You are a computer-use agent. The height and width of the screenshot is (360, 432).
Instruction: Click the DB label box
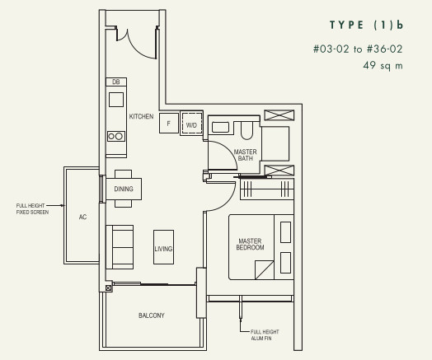tap(116, 82)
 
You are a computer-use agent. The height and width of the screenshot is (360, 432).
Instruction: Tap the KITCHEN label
tap(141, 116)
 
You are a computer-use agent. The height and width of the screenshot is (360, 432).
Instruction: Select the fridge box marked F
tap(169, 124)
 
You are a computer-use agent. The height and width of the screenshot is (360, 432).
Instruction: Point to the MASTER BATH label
tap(245, 155)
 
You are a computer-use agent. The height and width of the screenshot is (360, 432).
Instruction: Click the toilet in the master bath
tap(247, 130)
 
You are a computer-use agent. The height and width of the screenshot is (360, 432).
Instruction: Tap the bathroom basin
tap(220, 127)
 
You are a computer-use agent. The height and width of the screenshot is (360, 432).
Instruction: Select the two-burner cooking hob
tap(116, 136)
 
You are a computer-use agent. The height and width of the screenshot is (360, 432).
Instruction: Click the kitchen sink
tap(116, 100)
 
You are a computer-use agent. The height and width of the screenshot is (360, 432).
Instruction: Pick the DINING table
tap(124, 189)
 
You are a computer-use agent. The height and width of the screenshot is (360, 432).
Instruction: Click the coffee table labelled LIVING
tap(164, 247)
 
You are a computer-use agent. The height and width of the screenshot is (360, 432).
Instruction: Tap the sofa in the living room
tap(120, 247)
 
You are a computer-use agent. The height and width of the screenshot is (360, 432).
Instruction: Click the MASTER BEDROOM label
tap(250, 244)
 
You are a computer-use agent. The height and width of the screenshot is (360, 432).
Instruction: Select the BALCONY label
tap(152, 316)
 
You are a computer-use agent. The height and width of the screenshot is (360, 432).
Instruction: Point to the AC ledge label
tap(82, 217)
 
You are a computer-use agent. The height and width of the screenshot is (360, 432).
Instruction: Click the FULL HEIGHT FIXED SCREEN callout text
tap(32, 209)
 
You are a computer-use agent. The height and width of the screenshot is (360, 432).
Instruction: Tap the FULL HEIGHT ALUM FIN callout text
tap(265, 335)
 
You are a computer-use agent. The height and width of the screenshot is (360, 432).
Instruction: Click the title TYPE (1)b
tap(366, 25)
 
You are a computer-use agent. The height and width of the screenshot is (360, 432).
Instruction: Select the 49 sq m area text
tap(383, 66)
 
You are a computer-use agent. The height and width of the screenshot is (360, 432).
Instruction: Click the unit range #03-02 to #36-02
tap(358, 49)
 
